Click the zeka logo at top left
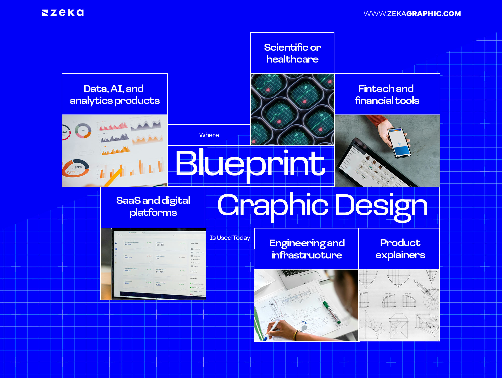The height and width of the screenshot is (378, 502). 63,13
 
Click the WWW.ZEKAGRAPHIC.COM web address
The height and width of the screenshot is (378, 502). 412,14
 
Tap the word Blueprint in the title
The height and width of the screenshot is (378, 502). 250,164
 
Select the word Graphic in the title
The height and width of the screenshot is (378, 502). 273,206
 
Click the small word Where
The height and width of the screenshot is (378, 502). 209,135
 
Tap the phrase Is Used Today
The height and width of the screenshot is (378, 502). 230,238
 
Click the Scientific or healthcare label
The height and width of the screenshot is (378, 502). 292,53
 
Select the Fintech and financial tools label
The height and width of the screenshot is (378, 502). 387,95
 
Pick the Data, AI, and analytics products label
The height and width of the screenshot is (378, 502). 115,95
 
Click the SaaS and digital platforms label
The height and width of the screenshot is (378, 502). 153,207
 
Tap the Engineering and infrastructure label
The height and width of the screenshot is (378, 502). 307,249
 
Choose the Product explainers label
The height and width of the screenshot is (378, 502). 400,249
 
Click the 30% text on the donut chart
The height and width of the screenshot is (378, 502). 78,167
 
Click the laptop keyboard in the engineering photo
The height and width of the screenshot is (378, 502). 295,272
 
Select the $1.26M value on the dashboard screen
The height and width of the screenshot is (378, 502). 128,244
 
